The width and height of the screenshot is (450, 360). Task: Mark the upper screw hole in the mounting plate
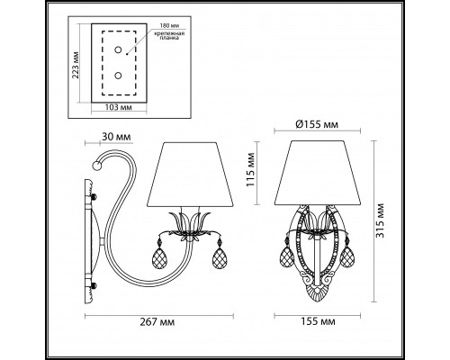pos(118,54)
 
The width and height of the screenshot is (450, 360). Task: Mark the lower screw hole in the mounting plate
pos(118,78)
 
